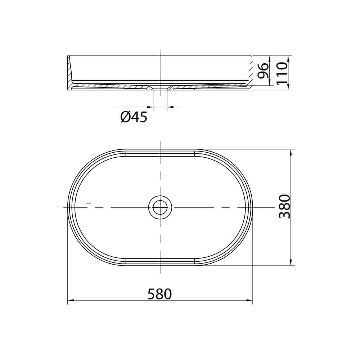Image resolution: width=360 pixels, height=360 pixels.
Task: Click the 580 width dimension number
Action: point(159,294)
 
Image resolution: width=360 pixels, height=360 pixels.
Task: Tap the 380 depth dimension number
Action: point(284,206)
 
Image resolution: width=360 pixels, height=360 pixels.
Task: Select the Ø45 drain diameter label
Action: point(134,117)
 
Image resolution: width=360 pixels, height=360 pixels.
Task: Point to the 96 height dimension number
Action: point(262,71)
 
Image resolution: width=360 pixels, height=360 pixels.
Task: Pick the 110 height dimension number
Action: point(282,73)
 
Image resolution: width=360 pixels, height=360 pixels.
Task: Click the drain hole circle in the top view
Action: point(160,207)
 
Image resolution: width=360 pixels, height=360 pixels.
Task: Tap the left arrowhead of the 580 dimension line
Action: point(71,300)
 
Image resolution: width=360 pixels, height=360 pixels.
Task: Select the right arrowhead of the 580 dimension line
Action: point(249,300)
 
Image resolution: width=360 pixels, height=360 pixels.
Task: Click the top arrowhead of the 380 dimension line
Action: point(291,152)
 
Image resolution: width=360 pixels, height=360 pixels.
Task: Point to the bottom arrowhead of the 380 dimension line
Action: point(291,262)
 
